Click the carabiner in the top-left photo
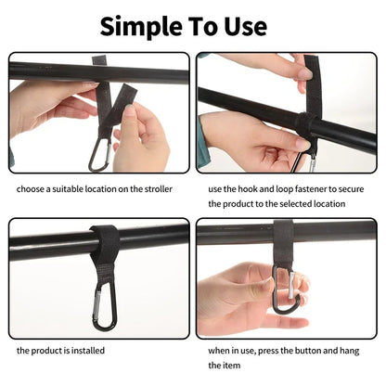pos(99,153)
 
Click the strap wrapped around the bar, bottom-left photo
pos(104,239)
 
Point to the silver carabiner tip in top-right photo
pos(311,165)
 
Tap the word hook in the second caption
pos(248,188)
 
